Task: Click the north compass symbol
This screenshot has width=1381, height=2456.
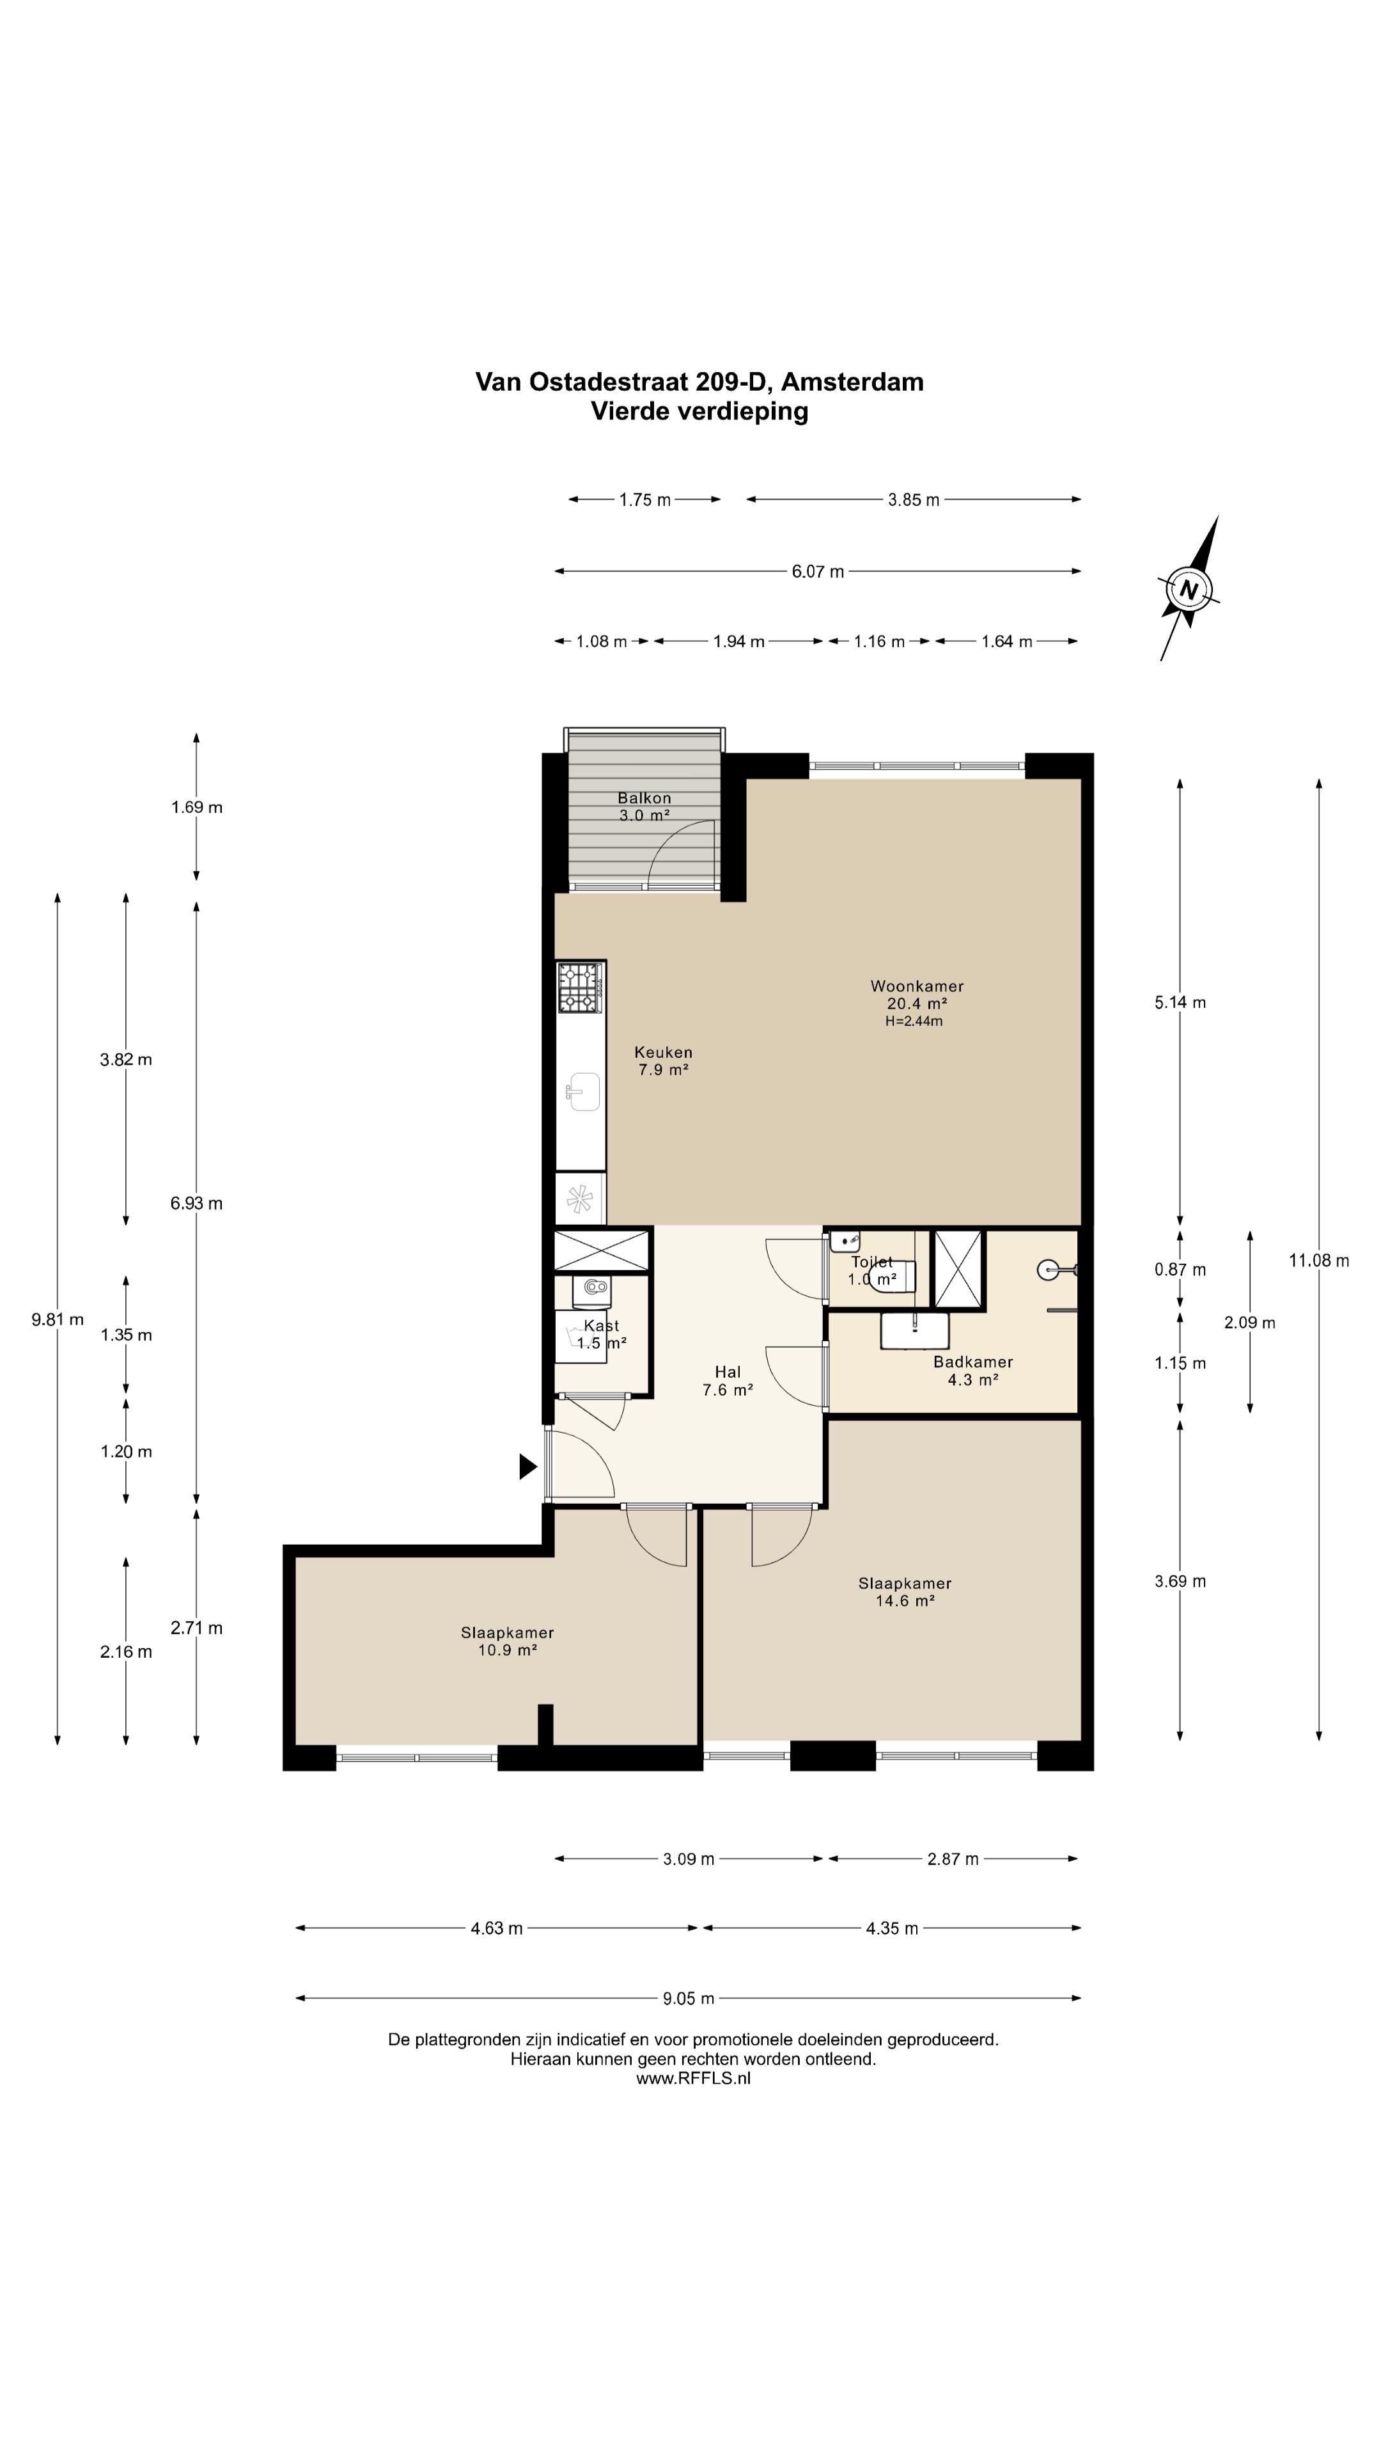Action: (1189, 588)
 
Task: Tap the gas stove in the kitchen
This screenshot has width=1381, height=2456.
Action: (581, 987)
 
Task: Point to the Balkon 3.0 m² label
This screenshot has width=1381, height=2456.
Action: (644, 807)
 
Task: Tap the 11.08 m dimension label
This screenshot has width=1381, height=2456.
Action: (1319, 1261)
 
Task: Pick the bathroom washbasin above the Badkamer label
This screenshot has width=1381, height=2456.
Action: (915, 1331)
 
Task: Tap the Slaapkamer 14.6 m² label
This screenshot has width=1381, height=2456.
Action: (905, 1592)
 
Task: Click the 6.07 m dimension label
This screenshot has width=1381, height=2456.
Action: (818, 572)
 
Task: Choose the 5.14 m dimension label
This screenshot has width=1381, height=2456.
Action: (1180, 1003)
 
